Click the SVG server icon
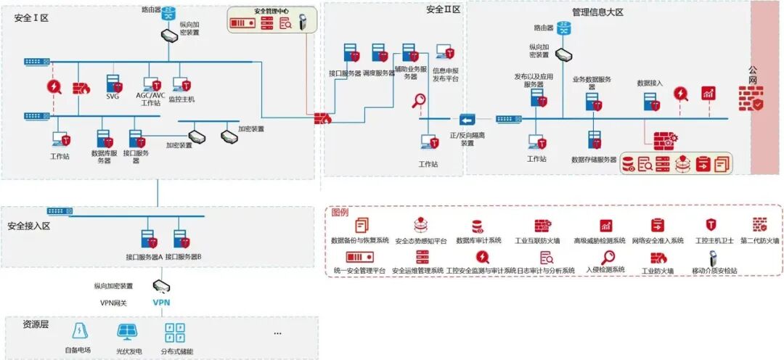click(113, 82)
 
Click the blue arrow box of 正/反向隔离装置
click(467, 119)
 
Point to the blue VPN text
click(161, 303)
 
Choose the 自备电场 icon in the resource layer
click(78, 332)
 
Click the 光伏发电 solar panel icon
click(128, 332)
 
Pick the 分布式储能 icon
click(174, 332)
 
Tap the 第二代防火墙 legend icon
click(759, 225)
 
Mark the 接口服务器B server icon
click(181, 239)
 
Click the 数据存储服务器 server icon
click(595, 141)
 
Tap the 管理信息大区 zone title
click(597, 12)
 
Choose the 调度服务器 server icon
click(380, 53)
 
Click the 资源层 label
click(36, 324)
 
